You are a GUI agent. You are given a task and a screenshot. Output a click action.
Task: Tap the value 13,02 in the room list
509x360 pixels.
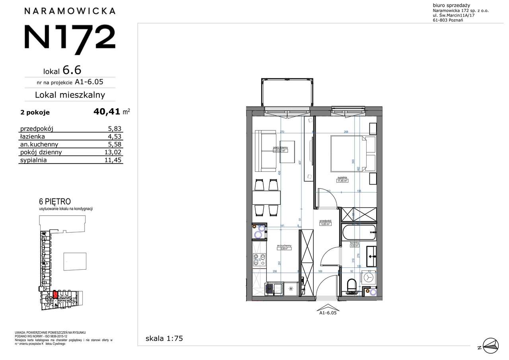tap(114, 152)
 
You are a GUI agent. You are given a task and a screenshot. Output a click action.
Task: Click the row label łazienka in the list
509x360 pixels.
tap(34, 136)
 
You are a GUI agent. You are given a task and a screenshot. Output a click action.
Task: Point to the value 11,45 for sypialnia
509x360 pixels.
tap(114, 160)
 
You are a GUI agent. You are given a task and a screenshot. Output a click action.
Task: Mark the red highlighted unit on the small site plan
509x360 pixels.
tap(55, 295)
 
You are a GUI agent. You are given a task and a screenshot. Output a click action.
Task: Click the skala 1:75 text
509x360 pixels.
tap(164, 339)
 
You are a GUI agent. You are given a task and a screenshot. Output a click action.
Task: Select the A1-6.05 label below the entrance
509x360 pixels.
tap(328, 313)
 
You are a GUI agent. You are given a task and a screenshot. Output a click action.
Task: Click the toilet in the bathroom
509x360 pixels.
tap(351, 286)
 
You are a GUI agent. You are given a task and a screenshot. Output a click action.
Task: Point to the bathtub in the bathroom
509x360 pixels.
tap(358, 232)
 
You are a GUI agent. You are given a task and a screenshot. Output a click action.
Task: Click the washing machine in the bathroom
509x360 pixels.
tap(369, 277)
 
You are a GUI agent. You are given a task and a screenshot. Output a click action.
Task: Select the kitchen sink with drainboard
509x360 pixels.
tap(275, 288)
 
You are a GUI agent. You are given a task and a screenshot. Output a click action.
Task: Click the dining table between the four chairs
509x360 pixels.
tap(266, 197)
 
